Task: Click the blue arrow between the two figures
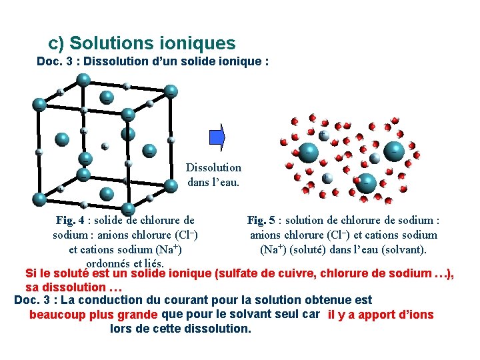[217, 137]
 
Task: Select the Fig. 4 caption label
[70, 219]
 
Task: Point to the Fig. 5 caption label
[261, 219]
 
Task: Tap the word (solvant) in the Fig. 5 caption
[403, 249]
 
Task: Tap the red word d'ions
[413, 315]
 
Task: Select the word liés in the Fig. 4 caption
[153, 263]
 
